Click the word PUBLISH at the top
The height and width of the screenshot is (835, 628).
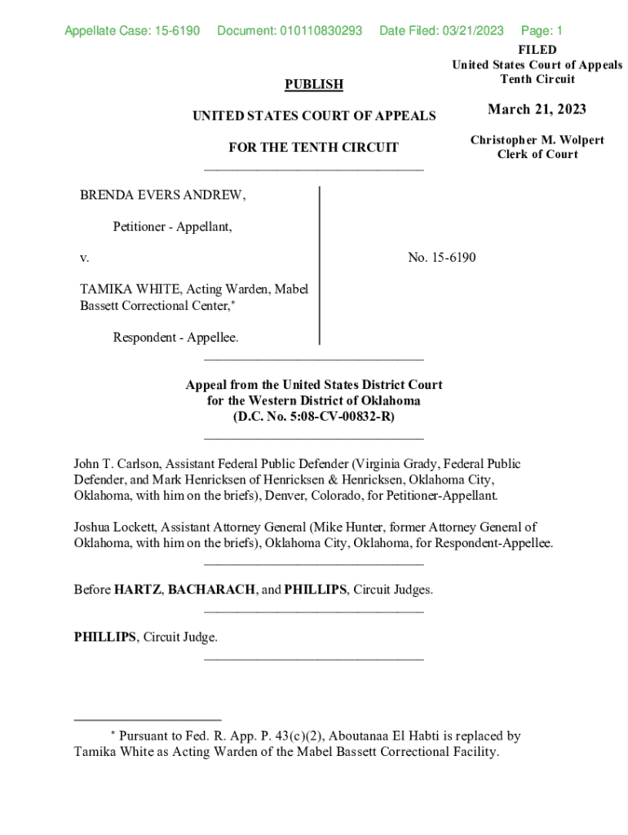[313, 84]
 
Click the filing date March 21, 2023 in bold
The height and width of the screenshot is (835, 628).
[537, 110]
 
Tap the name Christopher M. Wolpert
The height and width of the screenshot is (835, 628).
[537, 140]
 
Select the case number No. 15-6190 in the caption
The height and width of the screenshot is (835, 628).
[441, 258]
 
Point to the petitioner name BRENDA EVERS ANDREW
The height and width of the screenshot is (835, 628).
[162, 196]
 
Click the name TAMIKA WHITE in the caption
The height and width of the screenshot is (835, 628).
[130, 289]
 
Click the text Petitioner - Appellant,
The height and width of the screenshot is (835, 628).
[172, 227]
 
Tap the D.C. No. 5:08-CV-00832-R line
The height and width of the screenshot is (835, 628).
[313, 416]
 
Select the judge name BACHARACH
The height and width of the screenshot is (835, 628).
[211, 589]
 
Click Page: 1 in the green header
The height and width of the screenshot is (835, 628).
[542, 31]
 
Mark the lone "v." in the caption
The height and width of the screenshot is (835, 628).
[84, 258]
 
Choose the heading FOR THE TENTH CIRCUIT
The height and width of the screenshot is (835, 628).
[313, 148]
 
